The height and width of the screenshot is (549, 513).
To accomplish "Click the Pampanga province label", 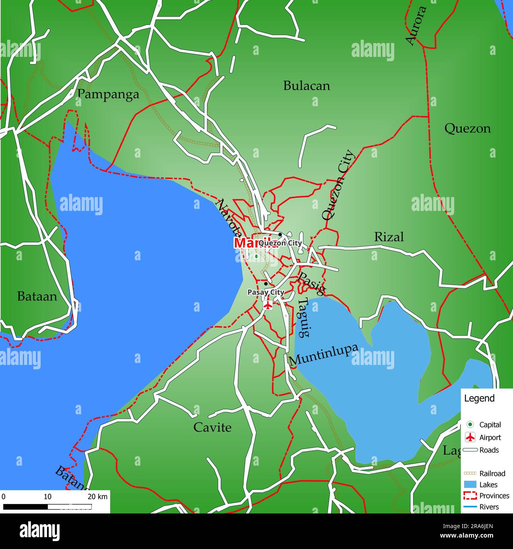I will coord(108,94).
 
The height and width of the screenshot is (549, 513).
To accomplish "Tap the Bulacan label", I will coord(307,86).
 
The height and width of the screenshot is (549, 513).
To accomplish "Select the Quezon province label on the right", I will coord(468,128).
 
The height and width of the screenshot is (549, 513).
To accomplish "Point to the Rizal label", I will coord(389,237).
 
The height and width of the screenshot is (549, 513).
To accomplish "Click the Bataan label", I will coord(37,296).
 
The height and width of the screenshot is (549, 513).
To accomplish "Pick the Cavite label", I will coord(212,427).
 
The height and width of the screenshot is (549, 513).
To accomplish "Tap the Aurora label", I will coord(416,26).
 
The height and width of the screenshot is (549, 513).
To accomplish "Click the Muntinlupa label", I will coord(324,354).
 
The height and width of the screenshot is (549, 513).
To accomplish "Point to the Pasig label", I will coord(312,283).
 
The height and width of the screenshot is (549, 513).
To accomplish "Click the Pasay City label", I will coord(266,292).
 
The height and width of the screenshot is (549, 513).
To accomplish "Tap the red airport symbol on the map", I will coord(268,305).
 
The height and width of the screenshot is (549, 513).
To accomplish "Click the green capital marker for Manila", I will coord(256,256).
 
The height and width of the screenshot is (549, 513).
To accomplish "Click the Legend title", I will coord(479,398).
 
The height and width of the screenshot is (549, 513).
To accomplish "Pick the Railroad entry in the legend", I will coord(492,473).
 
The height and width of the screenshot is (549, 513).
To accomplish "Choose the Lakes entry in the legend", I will coord(488,485).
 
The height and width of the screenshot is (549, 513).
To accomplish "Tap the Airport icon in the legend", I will coord(470,437).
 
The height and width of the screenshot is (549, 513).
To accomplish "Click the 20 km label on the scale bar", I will coord(97,496).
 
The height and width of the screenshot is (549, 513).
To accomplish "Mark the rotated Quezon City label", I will coord(338,185).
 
